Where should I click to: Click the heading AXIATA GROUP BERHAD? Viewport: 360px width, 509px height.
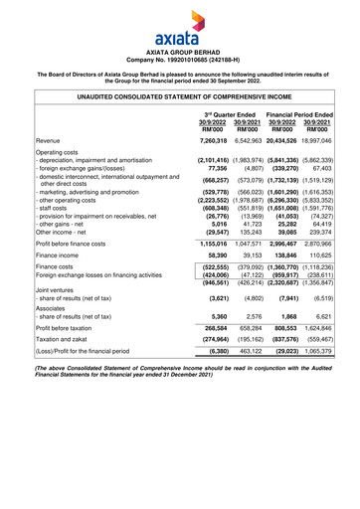tap(179, 47)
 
